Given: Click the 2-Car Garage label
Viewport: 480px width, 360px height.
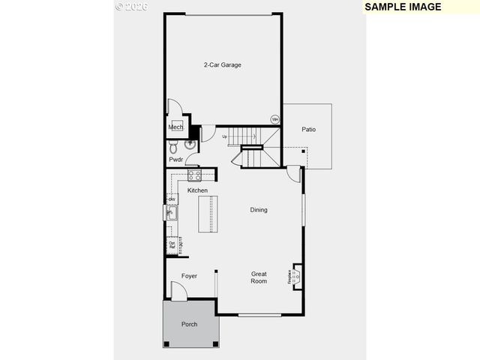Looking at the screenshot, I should click(x=222, y=65).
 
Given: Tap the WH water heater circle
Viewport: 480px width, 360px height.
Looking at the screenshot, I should click(x=274, y=118).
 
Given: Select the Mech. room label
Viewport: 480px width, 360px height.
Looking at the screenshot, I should click(x=175, y=127).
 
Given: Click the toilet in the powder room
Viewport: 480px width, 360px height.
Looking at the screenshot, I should click(x=190, y=142).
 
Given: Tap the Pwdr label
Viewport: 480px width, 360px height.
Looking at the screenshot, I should click(x=175, y=160).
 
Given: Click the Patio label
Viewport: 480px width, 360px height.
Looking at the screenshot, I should click(x=308, y=129).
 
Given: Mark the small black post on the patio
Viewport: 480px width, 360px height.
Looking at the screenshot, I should click(x=304, y=151).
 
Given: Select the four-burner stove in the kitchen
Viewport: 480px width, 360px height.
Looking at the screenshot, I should click(x=194, y=176).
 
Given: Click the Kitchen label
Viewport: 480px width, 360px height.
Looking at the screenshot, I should click(x=197, y=190).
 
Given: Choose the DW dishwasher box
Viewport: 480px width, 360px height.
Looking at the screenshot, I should click(x=172, y=199).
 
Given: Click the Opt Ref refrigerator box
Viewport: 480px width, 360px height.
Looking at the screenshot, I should click(x=172, y=244).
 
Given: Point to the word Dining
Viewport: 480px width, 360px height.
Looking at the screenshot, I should click(x=258, y=210).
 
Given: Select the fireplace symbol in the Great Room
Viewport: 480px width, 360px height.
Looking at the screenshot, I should click(x=295, y=277).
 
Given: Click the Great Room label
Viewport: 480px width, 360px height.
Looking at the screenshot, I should click(x=259, y=277).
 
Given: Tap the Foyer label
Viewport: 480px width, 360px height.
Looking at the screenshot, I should click(x=190, y=277).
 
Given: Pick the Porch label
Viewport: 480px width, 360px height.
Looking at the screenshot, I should click(x=190, y=325).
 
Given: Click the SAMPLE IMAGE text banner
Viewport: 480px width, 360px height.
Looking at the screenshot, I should click(x=403, y=7).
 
